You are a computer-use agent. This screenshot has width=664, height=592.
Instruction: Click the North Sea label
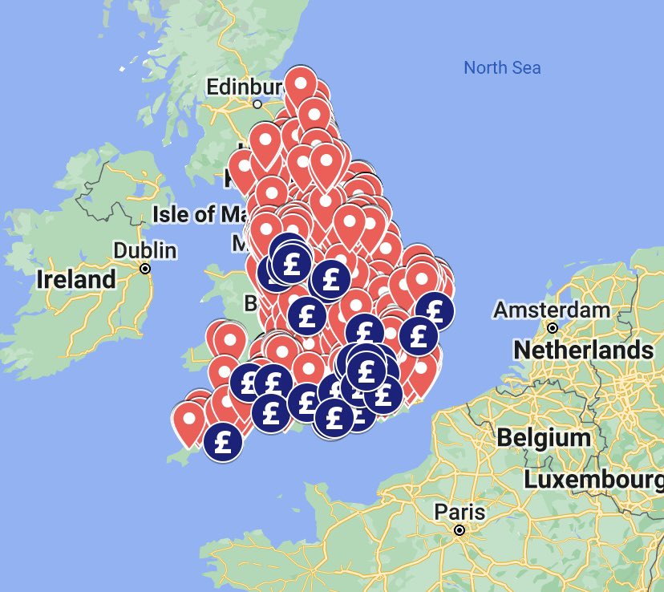coord(502,67)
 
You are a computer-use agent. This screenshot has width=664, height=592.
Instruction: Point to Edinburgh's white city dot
coord(257,103)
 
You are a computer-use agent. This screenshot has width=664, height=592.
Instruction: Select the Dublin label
coord(144,250)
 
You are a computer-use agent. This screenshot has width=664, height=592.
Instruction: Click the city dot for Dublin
coord(145,269)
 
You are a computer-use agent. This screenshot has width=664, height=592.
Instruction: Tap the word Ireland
coord(76,280)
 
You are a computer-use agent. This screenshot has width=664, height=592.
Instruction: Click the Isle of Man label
coord(200,214)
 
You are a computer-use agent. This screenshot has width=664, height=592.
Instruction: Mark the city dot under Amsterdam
coord(553,327)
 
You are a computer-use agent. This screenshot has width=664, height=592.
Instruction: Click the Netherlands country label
coord(583,350)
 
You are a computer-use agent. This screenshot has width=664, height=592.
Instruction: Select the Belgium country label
coord(543,438)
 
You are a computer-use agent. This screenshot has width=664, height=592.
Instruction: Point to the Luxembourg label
coord(593,480)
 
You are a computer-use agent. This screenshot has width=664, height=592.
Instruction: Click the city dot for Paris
coord(460,530)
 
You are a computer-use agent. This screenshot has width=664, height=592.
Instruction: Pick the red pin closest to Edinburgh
coord(301,82)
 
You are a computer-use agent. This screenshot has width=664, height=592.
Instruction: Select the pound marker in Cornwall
coord(223,441)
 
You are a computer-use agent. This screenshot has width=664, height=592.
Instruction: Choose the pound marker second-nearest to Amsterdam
coord(418,335)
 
